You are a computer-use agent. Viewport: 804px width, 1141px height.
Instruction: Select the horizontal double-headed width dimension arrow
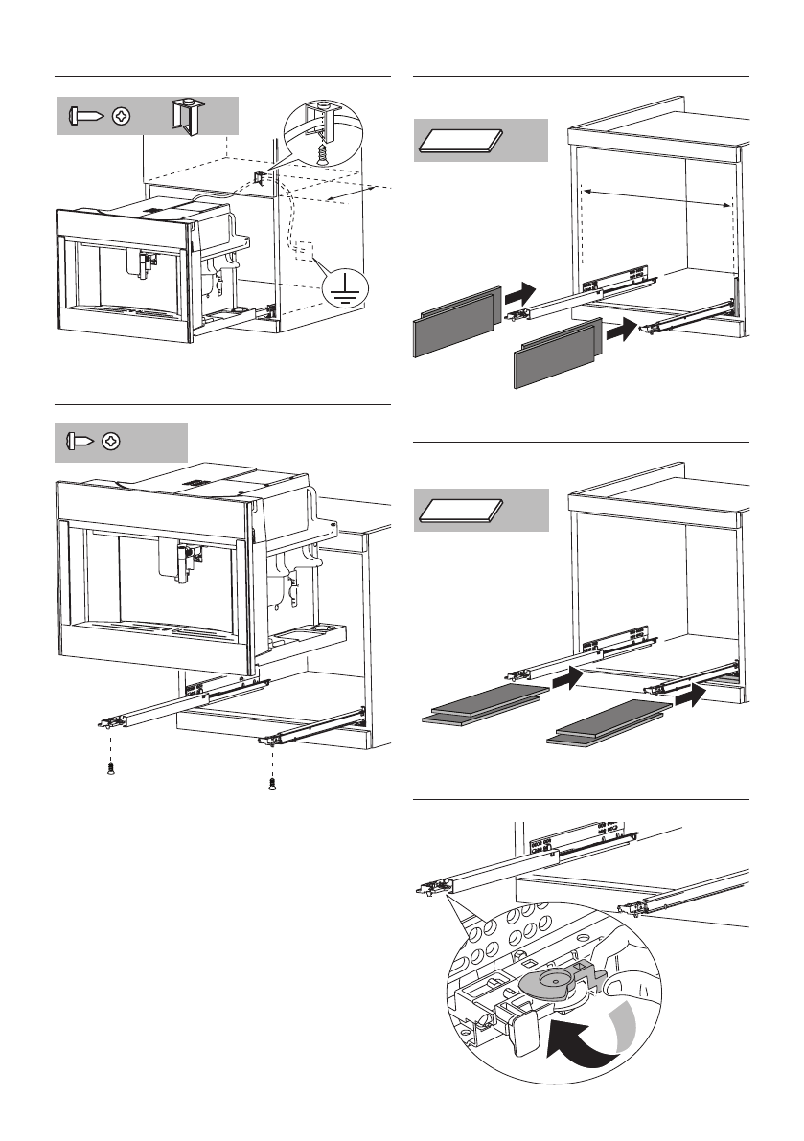pos(656,198)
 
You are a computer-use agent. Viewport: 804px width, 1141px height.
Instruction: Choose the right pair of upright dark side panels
pos(553,354)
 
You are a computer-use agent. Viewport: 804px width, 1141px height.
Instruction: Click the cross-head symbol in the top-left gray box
pos(122,115)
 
